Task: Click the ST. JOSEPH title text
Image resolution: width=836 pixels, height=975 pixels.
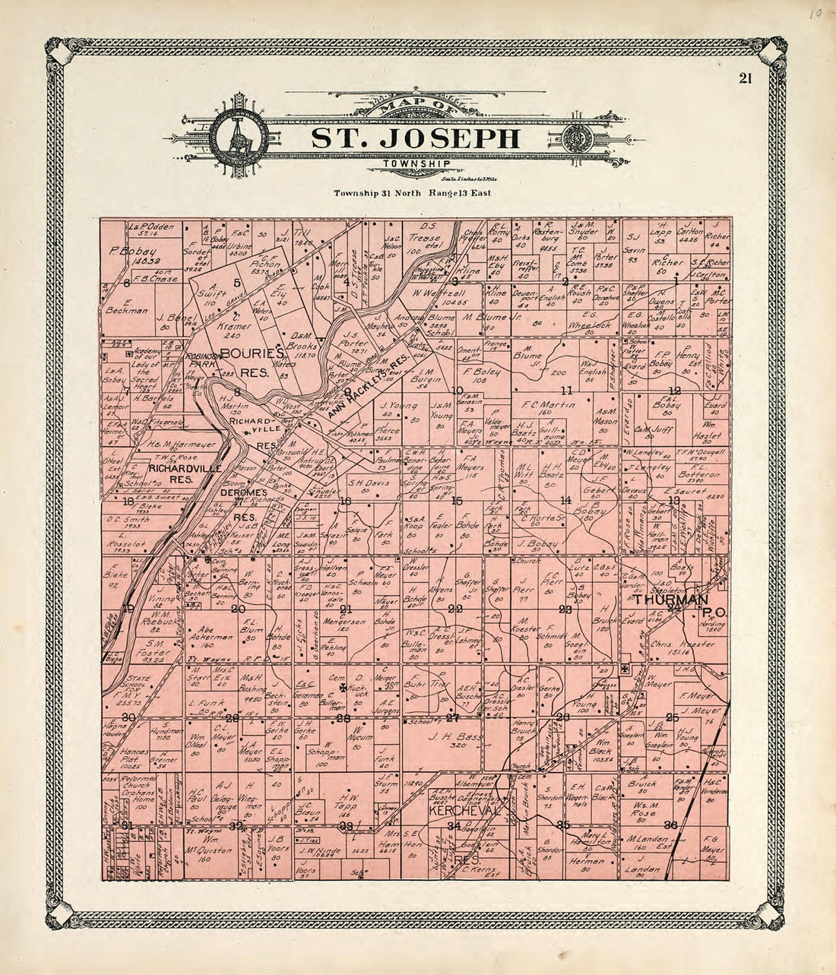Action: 416,138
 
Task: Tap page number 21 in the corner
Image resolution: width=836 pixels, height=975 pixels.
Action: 744,79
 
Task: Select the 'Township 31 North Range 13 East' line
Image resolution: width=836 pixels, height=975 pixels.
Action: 413,193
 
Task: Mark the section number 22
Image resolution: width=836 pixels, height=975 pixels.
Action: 455,609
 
